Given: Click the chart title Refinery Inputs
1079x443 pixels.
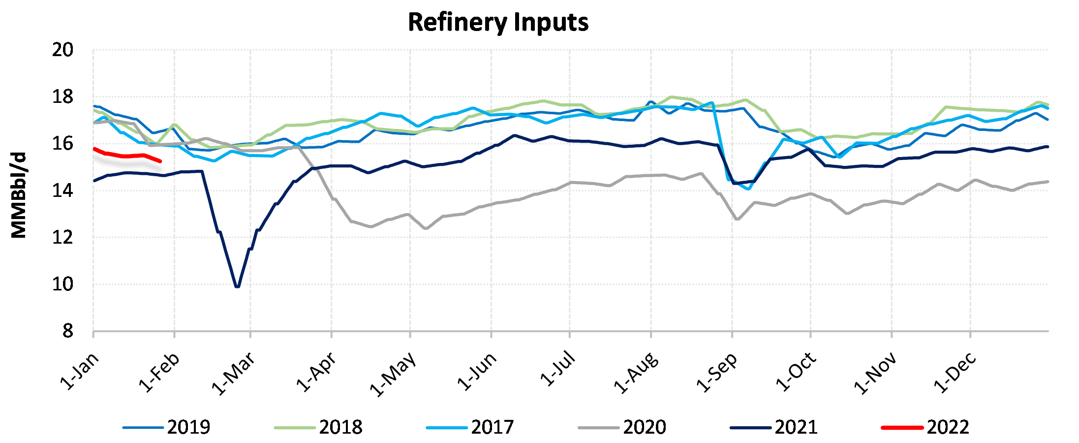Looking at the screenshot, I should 498,23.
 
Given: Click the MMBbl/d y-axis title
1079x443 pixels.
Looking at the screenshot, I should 19,195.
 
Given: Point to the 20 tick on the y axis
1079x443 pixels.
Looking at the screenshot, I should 62,50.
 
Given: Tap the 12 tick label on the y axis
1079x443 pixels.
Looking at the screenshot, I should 62,238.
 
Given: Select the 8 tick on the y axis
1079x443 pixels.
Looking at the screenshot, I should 67,331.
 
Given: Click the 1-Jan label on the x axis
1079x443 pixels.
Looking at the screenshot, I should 80,372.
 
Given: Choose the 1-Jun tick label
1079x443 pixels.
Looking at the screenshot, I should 476,372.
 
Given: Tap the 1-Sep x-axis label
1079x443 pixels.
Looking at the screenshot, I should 716,373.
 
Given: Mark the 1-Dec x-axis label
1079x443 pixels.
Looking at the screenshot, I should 955,373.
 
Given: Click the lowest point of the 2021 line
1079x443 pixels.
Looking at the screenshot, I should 238,286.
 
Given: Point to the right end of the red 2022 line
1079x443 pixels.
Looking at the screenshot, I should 160,161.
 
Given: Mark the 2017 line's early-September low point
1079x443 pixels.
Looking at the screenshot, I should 748,189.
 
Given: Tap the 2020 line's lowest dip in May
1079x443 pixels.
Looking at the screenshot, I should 426,228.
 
